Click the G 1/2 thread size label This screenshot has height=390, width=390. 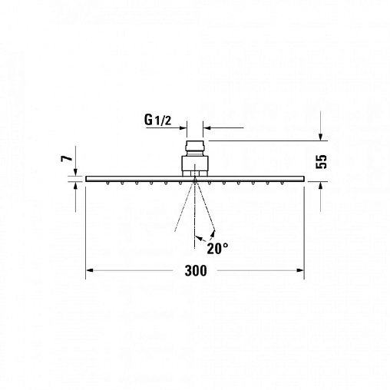click(x=158, y=120)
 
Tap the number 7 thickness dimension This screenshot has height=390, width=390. click(x=67, y=158)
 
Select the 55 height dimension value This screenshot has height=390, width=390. click(x=322, y=161)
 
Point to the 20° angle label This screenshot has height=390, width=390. click(x=217, y=248)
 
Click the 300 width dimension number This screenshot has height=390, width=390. click(x=196, y=271)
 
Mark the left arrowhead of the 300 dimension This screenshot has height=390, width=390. click(x=89, y=270)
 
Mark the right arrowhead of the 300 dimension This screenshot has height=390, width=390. click(x=300, y=270)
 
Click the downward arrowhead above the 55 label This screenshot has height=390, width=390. click(x=320, y=137)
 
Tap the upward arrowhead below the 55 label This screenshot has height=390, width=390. click(x=320, y=186)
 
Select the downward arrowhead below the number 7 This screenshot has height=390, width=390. click(x=75, y=172)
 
